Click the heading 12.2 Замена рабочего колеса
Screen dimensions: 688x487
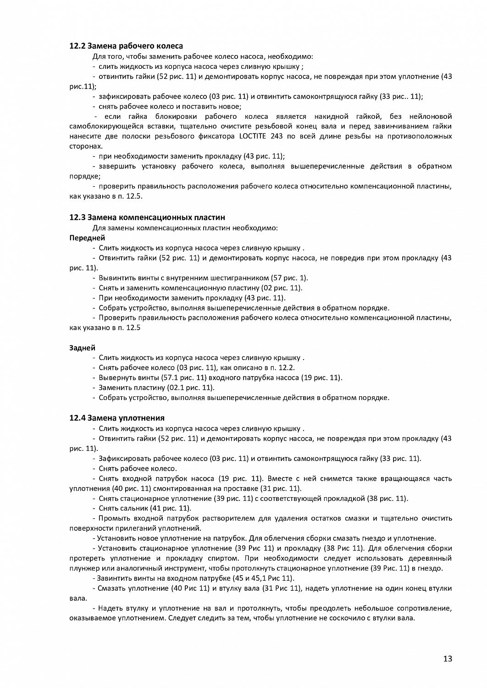[126, 46]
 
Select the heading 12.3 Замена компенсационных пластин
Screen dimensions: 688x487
[147, 217]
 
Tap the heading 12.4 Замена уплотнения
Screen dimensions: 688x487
[116, 418]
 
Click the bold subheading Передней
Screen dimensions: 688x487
[87, 238]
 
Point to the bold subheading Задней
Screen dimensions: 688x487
[82, 348]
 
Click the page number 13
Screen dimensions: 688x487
[448, 659]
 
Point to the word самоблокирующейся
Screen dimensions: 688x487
[103, 126]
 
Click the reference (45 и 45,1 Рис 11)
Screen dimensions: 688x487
[264, 578]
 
